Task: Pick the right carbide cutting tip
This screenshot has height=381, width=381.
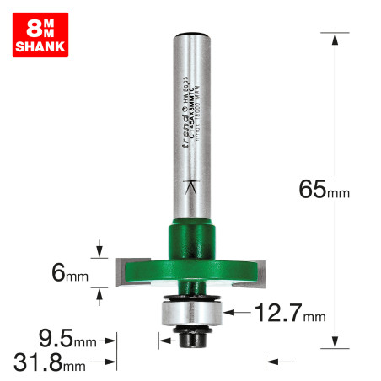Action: coord(261,270)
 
